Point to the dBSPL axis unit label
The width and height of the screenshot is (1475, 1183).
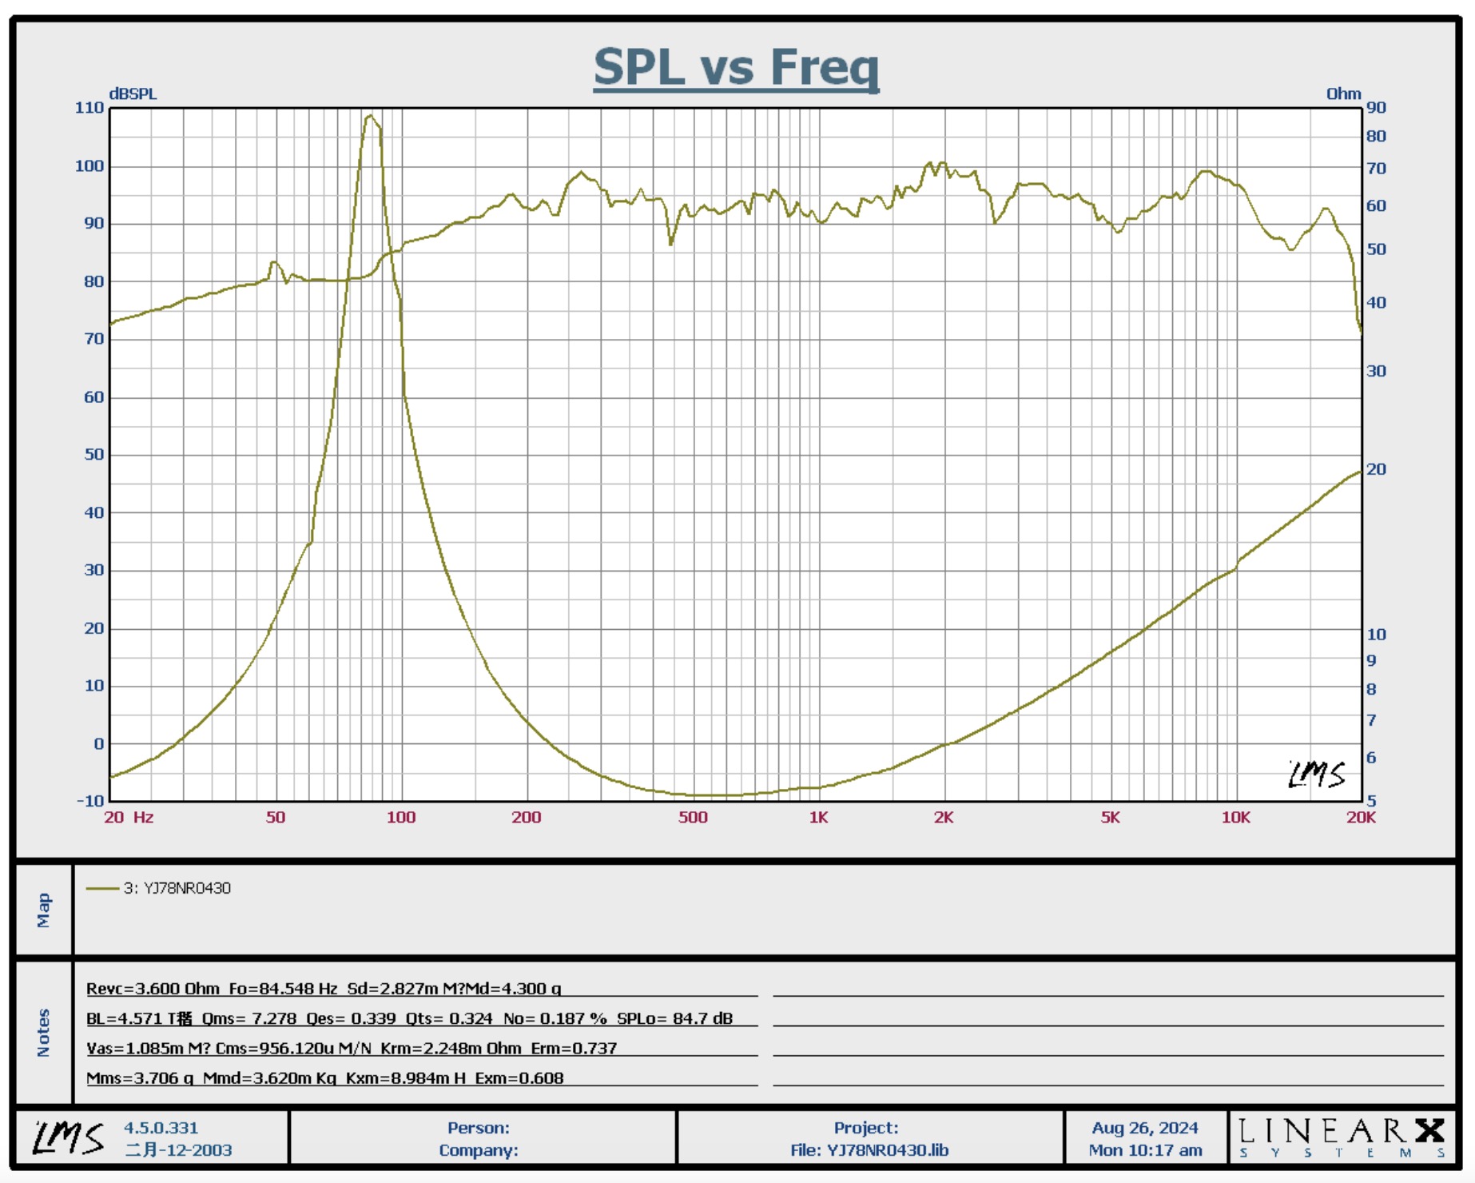(133, 94)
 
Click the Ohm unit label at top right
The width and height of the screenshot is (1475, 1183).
(1343, 94)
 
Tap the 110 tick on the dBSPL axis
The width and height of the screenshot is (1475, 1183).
(89, 108)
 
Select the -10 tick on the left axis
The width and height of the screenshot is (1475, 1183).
(90, 801)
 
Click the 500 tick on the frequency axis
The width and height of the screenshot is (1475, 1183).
(693, 818)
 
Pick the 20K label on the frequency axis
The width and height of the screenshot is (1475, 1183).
(1361, 818)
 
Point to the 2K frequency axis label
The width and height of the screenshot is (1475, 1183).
(944, 818)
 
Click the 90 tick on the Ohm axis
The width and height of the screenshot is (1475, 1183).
(1376, 108)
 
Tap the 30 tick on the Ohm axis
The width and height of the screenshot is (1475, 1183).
(1376, 371)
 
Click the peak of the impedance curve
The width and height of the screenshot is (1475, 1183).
(370, 117)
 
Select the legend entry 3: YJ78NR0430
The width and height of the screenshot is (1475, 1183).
(177, 888)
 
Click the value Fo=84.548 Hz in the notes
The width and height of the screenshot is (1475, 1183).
(283, 989)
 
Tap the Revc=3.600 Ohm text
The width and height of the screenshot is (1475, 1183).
(153, 989)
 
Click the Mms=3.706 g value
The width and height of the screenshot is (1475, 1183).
(140, 1078)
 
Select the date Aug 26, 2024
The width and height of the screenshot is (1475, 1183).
(1145, 1128)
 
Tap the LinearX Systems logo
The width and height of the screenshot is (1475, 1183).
(1342, 1137)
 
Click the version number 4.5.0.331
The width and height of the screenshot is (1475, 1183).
(161, 1128)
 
